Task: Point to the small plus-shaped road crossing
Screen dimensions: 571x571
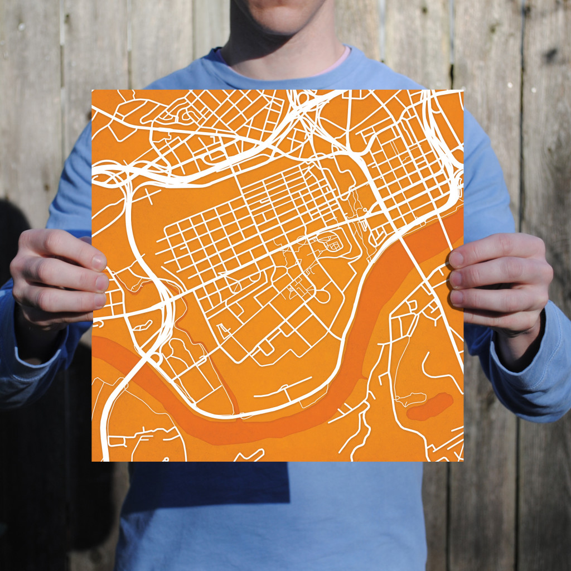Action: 150,196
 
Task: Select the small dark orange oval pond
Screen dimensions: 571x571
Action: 429,407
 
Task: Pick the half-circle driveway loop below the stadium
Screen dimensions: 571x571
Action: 322,297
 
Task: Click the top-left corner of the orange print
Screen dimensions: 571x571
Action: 93,90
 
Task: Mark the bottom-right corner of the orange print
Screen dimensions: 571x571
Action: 463,461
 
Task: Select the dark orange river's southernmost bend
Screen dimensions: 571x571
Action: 234,432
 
